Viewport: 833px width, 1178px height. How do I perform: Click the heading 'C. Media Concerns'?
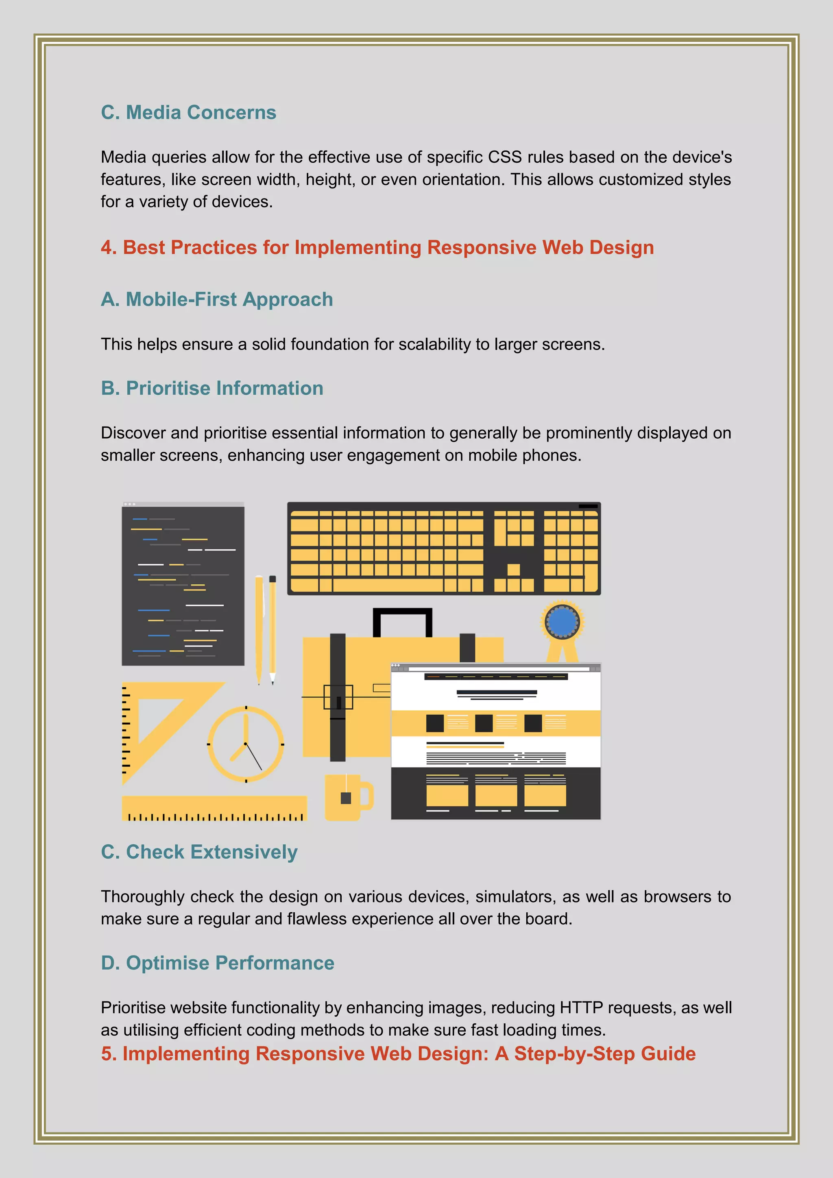188,112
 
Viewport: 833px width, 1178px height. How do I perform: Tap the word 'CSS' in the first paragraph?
504,157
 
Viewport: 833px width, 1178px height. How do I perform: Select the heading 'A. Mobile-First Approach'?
216,299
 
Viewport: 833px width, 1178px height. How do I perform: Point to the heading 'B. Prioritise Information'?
212,388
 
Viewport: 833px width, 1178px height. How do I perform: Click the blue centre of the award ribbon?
562,621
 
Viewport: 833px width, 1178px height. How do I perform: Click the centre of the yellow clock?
246,743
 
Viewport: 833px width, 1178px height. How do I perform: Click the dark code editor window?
183,585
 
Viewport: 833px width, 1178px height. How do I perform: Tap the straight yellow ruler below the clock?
214,808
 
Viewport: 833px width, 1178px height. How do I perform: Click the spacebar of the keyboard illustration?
387,585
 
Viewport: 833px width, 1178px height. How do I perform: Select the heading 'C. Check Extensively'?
199,852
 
